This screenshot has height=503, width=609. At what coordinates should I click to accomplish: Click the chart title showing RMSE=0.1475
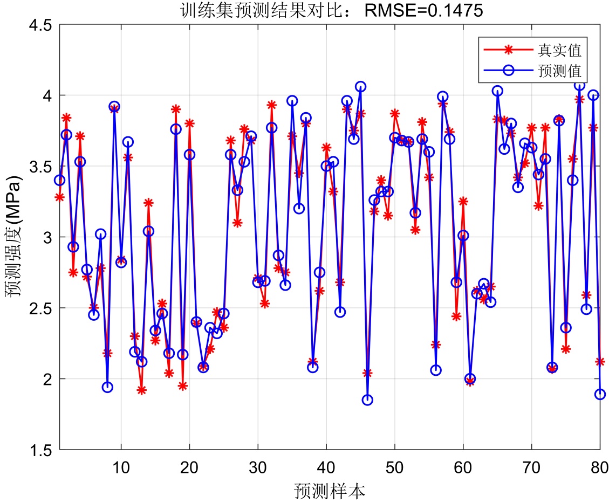332,10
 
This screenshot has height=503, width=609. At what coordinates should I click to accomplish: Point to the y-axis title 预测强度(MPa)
12,237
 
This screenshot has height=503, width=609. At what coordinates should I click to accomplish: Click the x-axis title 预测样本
330,491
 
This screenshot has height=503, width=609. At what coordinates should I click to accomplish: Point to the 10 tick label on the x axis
121,465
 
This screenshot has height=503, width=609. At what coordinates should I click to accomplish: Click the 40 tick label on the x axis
326,465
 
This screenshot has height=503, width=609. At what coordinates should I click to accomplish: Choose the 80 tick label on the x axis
600,465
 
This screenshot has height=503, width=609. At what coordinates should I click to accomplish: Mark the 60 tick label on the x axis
463,465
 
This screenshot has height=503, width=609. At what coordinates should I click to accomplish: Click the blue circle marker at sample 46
367,400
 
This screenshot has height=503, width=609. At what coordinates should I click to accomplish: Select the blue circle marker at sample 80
600,394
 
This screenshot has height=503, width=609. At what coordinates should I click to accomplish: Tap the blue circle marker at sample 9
114,107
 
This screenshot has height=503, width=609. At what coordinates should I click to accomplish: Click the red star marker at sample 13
141,390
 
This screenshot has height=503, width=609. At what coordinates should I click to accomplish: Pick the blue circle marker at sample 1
59,180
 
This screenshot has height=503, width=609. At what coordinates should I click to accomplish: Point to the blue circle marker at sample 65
497,91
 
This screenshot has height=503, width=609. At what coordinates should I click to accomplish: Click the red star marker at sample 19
183,386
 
